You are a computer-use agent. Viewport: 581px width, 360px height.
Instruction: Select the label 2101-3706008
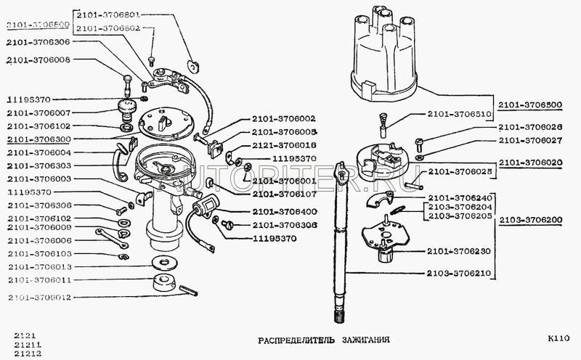40,61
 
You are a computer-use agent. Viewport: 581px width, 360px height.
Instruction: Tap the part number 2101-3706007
40,112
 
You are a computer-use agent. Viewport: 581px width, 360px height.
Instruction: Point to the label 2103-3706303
40,165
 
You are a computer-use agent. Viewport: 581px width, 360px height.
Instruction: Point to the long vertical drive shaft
339,254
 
